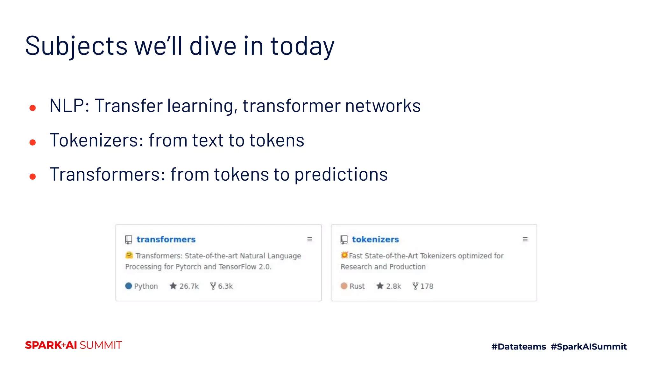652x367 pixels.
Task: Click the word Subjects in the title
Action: [76, 46]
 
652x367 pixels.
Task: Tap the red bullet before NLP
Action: [32, 108]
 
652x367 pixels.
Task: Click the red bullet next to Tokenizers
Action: [32, 142]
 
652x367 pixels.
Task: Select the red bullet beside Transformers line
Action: [32, 176]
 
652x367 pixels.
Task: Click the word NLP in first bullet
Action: [67, 106]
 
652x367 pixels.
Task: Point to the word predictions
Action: [341, 175]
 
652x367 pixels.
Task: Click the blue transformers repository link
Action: [166, 239]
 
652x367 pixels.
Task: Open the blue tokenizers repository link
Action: [375, 239]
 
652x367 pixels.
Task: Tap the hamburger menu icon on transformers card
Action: [309, 239]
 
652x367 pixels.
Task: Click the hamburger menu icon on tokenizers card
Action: [525, 239]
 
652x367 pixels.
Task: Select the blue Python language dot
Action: [129, 286]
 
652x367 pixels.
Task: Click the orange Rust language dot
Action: [344, 286]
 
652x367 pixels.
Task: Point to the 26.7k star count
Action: [188, 286]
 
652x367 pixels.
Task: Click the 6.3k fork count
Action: [225, 286]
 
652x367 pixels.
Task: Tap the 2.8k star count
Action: [393, 286]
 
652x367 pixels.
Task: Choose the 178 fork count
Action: [427, 286]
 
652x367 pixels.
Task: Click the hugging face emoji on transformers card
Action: [129, 255]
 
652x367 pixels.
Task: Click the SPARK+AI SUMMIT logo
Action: [74, 345]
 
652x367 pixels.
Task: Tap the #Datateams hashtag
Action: [519, 347]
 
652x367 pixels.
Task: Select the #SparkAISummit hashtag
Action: [589, 347]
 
